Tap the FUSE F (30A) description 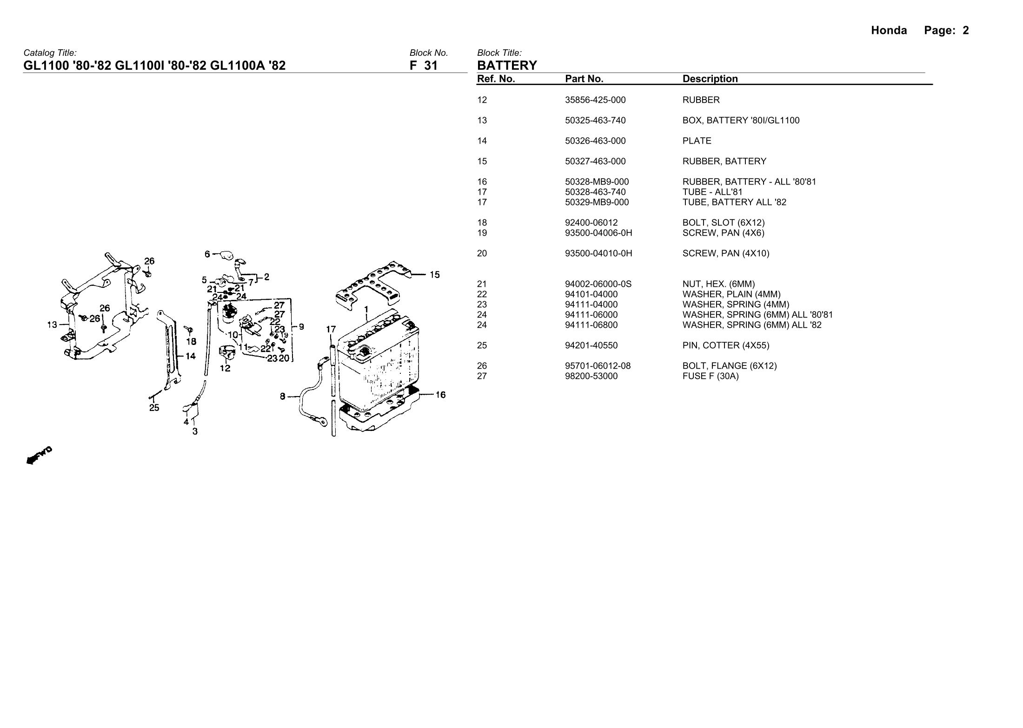tap(711, 376)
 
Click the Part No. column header tap(584, 79)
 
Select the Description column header tap(710, 79)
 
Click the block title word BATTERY tap(507, 65)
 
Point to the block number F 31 tap(424, 66)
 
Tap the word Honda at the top tap(889, 31)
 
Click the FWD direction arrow tap(39, 455)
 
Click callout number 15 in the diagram tap(434, 275)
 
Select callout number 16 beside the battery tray tap(440, 395)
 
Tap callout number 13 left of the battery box tap(53, 324)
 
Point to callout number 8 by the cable tap(282, 397)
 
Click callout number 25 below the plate tap(154, 408)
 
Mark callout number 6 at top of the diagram tap(207, 254)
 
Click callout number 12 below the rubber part tap(225, 368)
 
